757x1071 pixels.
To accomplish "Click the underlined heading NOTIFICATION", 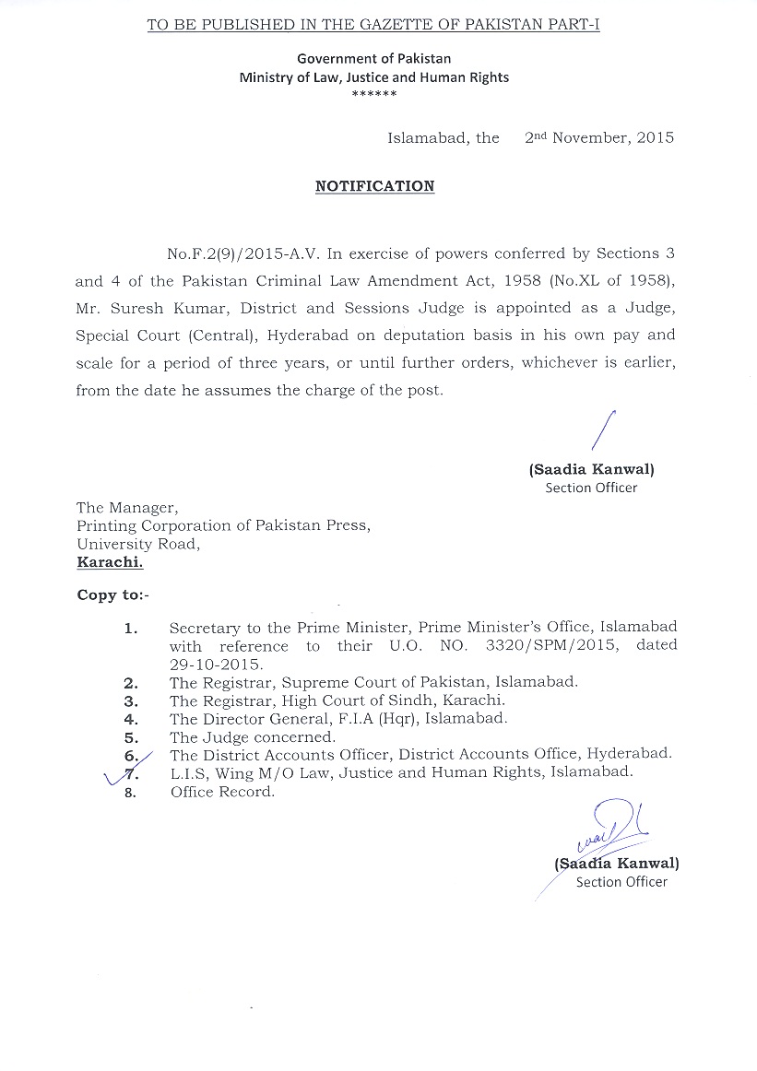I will [x=374, y=186].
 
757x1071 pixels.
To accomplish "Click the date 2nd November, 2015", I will [x=599, y=138].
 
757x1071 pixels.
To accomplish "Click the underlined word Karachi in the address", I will [x=110, y=561].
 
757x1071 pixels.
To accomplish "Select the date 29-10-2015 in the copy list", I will [x=216, y=664].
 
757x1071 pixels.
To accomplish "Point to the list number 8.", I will [x=130, y=793].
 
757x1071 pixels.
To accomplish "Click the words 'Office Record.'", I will [x=222, y=792].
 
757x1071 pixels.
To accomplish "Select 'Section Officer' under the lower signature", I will [x=621, y=882].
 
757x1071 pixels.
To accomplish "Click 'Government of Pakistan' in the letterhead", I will [x=374, y=59].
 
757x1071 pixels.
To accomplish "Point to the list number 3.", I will [x=130, y=701].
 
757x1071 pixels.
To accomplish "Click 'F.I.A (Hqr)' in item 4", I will [x=347, y=718].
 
